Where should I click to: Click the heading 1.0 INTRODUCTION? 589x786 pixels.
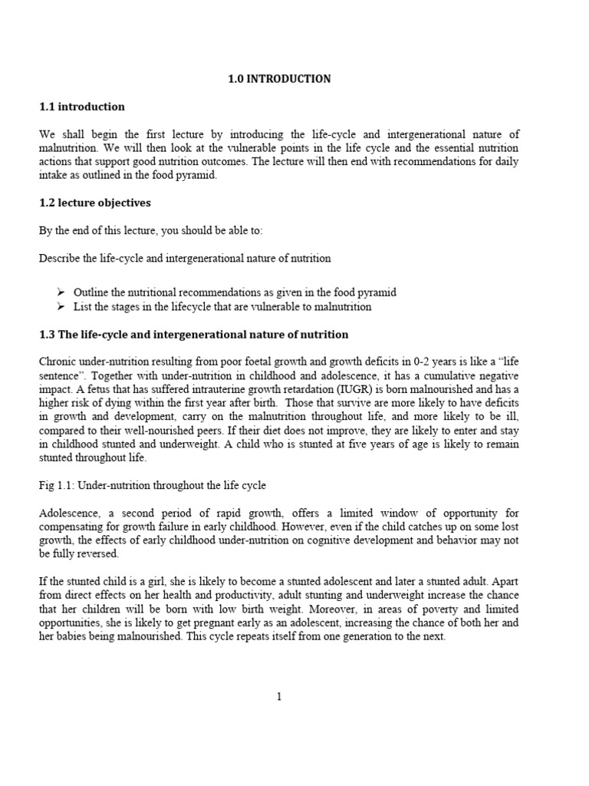coord(279,78)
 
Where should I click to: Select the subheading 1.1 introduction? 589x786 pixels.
coord(81,106)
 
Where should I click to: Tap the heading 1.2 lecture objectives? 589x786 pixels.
coord(95,203)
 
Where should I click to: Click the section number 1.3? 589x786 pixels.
coord(47,334)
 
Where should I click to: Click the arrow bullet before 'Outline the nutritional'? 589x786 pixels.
coord(62,292)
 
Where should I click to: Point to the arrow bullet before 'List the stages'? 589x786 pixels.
coord(62,306)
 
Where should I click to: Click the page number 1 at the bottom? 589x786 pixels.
coord(279,696)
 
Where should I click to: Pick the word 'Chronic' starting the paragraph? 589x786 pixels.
coord(58,362)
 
